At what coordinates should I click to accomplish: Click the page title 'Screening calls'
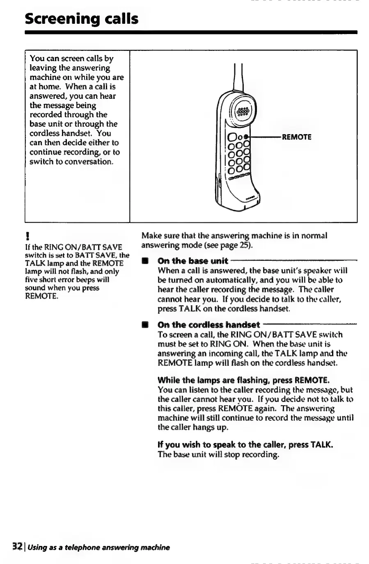coord(82,19)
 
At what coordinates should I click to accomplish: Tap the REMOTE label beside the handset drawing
coord(297,137)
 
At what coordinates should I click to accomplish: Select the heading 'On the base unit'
coord(193,261)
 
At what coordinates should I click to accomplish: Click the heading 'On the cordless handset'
coord(209,325)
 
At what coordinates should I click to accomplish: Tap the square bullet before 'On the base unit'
coord(144,261)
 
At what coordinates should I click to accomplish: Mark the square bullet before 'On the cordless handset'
coord(144,325)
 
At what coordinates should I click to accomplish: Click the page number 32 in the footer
coord(17,547)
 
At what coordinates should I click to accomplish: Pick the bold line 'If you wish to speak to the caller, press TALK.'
coord(245,445)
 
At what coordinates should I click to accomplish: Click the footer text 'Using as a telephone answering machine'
coord(99,547)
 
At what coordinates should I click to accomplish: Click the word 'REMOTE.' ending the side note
coord(41,296)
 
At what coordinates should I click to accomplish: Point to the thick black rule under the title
coord(191,32)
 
